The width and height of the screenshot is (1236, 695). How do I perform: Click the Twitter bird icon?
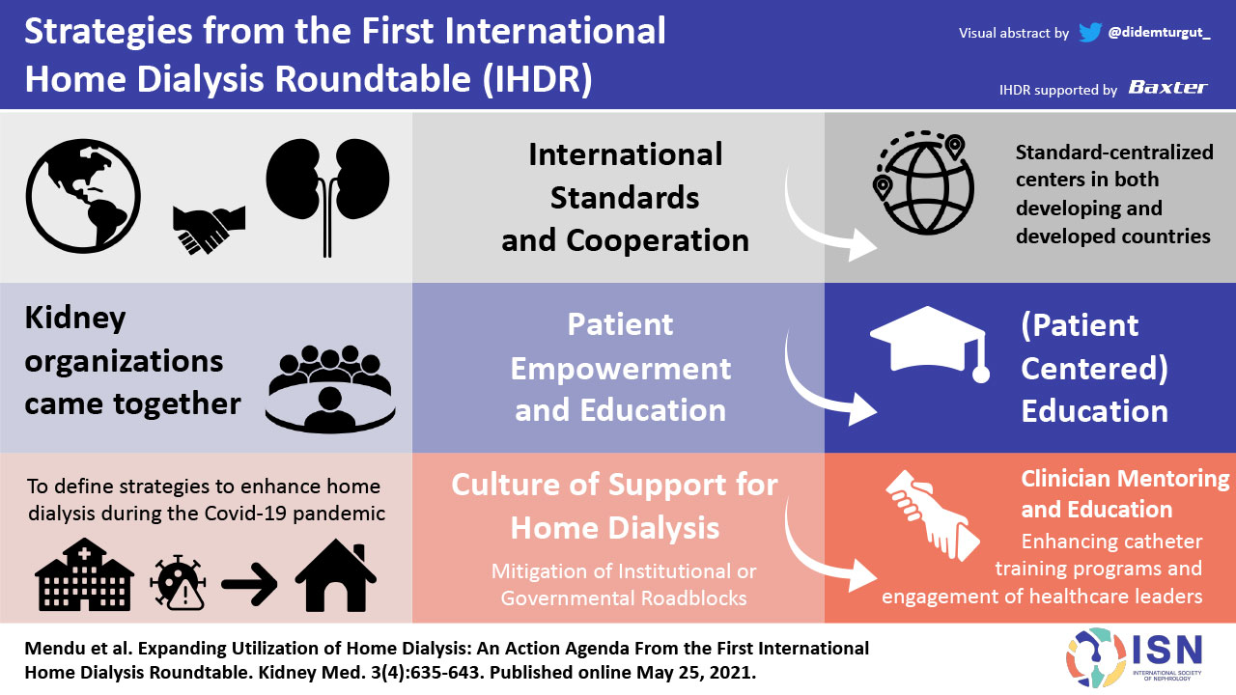click(x=1090, y=32)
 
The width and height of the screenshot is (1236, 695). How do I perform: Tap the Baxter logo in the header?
click(x=1168, y=88)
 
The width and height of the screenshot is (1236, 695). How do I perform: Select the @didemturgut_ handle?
click(x=1160, y=33)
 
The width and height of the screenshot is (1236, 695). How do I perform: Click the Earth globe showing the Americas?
click(x=83, y=196)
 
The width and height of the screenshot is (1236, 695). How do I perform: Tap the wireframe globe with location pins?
click(x=923, y=182)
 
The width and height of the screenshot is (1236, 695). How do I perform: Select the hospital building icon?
click(x=84, y=574)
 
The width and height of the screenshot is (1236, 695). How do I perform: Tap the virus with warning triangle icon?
click(x=179, y=582)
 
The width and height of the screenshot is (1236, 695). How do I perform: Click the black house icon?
click(x=336, y=575)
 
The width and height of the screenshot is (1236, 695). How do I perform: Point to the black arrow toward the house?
click(x=249, y=584)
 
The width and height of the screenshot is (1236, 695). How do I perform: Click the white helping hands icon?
click(x=933, y=515)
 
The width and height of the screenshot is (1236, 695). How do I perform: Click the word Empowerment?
click(x=620, y=369)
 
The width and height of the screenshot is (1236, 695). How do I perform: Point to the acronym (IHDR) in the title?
click(x=537, y=79)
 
